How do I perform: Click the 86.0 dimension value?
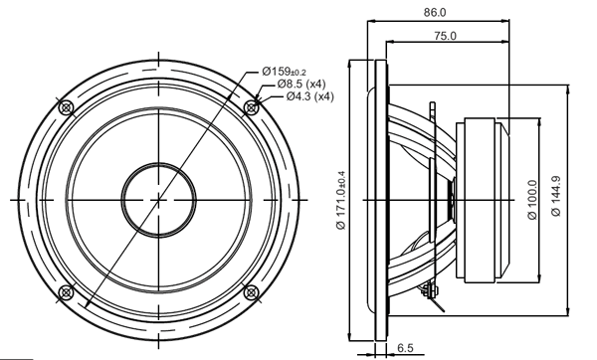436,13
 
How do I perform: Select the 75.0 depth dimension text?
445,36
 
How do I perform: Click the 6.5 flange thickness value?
405,347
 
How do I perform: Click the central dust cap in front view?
157,199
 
